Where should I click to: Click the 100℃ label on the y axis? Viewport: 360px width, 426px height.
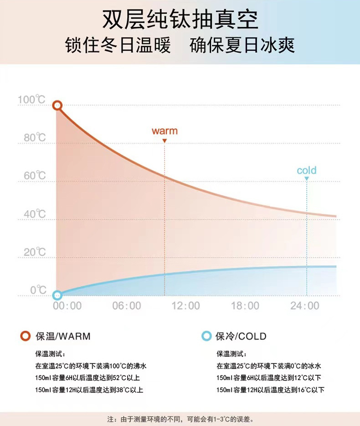pos(31,99)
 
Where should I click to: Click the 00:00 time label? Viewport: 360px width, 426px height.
pos(67,306)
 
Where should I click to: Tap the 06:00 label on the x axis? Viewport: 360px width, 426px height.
pos(127,306)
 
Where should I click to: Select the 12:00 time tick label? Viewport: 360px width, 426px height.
pos(186,306)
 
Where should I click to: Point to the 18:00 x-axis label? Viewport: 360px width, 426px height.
pos(245,306)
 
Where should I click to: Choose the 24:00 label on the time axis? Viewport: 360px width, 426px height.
pos(305,306)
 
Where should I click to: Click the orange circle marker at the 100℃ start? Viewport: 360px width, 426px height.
pos(57,106)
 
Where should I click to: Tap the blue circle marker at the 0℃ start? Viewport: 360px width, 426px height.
pos(57,295)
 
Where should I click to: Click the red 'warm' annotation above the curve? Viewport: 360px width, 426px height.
pos(165,131)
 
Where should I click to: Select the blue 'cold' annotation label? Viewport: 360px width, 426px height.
pos(306,171)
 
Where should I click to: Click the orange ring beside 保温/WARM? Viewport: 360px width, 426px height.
pos(26,337)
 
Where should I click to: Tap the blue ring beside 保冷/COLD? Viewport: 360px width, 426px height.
pos(206,337)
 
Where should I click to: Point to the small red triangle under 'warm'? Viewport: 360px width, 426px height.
pos(165,141)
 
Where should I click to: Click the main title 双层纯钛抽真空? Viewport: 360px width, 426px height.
pos(180,20)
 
